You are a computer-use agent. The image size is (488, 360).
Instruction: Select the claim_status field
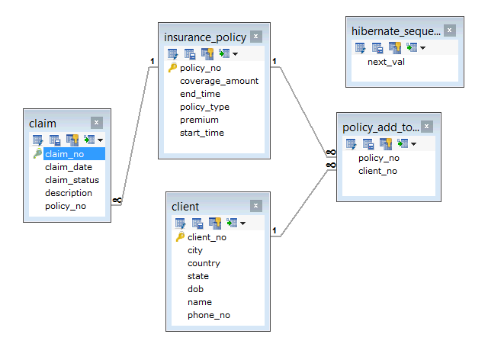tap(72, 180)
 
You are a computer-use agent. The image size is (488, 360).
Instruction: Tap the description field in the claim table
tap(68, 193)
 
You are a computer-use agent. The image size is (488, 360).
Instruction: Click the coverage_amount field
tap(219, 81)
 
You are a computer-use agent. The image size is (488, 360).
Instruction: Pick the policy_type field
tap(204, 107)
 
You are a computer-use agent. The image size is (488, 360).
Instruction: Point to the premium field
tap(199, 120)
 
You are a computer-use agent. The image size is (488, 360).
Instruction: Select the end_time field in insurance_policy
tap(200, 94)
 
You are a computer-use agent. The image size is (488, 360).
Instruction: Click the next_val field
tap(386, 62)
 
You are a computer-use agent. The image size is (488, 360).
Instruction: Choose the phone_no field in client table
tap(208, 315)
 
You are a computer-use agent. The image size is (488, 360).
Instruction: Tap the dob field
tap(195, 289)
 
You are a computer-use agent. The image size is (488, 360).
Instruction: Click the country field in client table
tap(204, 263)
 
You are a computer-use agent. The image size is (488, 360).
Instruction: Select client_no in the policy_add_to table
tap(377, 171)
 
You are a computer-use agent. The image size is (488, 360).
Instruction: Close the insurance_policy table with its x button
tap(255, 36)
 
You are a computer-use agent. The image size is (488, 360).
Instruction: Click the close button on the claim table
tap(96, 122)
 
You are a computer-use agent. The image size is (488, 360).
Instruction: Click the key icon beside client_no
tap(180, 237)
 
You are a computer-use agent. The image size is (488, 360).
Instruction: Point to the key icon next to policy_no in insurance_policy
tap(172, 68)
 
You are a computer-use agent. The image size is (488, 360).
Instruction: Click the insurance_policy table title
tap(205, 37)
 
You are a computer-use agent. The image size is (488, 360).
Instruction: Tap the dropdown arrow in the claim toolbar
tap(100, 140)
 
